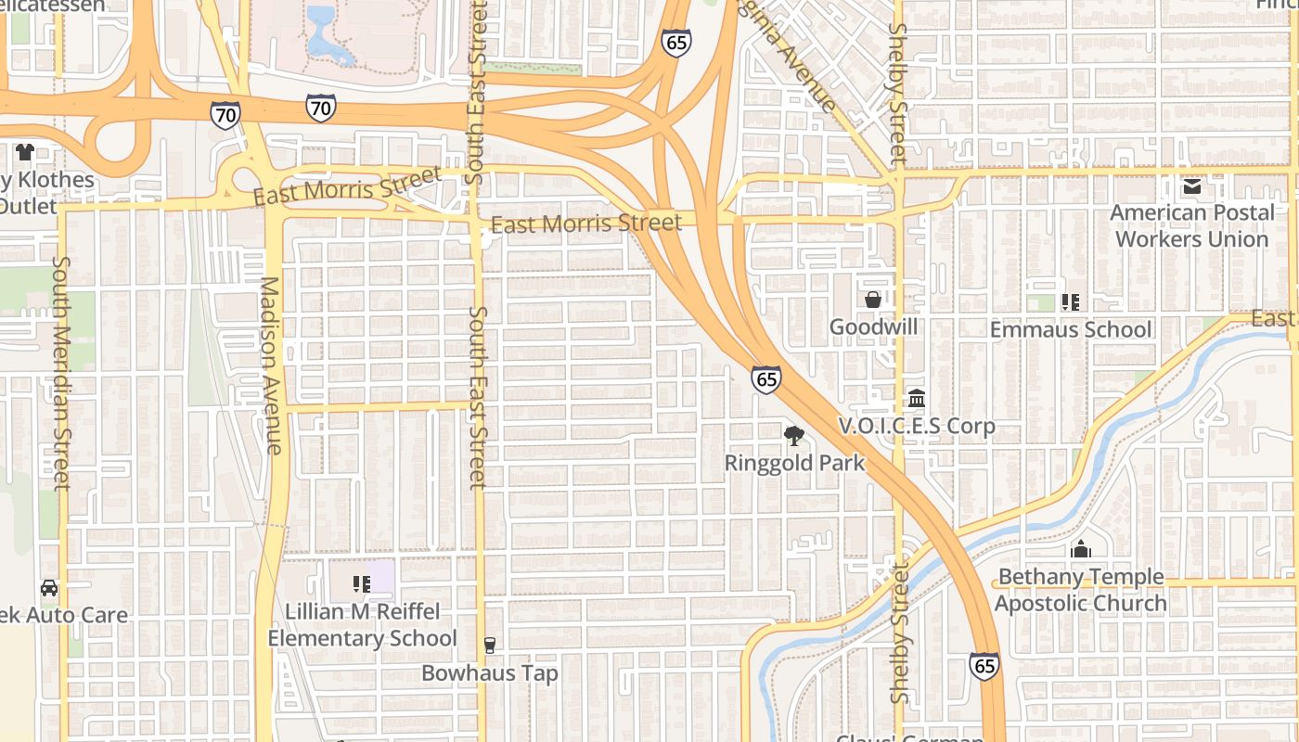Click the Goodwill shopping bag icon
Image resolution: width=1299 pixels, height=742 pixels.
872,300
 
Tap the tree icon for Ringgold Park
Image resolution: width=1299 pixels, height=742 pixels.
794,435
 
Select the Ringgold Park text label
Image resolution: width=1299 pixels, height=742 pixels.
794,463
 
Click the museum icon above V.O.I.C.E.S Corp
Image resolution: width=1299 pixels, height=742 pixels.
917,399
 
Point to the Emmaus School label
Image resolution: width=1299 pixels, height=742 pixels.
1071,329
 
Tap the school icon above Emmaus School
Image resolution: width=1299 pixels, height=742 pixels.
1071,301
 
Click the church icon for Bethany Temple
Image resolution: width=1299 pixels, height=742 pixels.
1080,549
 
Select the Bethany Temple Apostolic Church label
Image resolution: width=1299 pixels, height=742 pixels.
1080,590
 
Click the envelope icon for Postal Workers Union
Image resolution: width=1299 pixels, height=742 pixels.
1192,186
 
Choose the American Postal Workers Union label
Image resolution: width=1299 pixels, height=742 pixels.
1192,225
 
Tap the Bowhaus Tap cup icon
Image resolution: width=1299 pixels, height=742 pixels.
490,646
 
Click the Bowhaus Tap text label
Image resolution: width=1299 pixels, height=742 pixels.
490,672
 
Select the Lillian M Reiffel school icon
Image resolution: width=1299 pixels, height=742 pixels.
362,584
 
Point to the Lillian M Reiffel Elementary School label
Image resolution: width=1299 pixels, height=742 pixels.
362,625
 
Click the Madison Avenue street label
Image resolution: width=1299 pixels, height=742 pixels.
270,365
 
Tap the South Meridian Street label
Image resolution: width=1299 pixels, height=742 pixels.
61,372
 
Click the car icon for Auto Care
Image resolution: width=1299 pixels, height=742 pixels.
48,588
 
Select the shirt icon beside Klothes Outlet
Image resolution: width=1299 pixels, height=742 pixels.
24,151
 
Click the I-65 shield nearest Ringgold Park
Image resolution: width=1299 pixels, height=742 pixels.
765,378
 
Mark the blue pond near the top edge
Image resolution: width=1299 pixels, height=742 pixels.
324,37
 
